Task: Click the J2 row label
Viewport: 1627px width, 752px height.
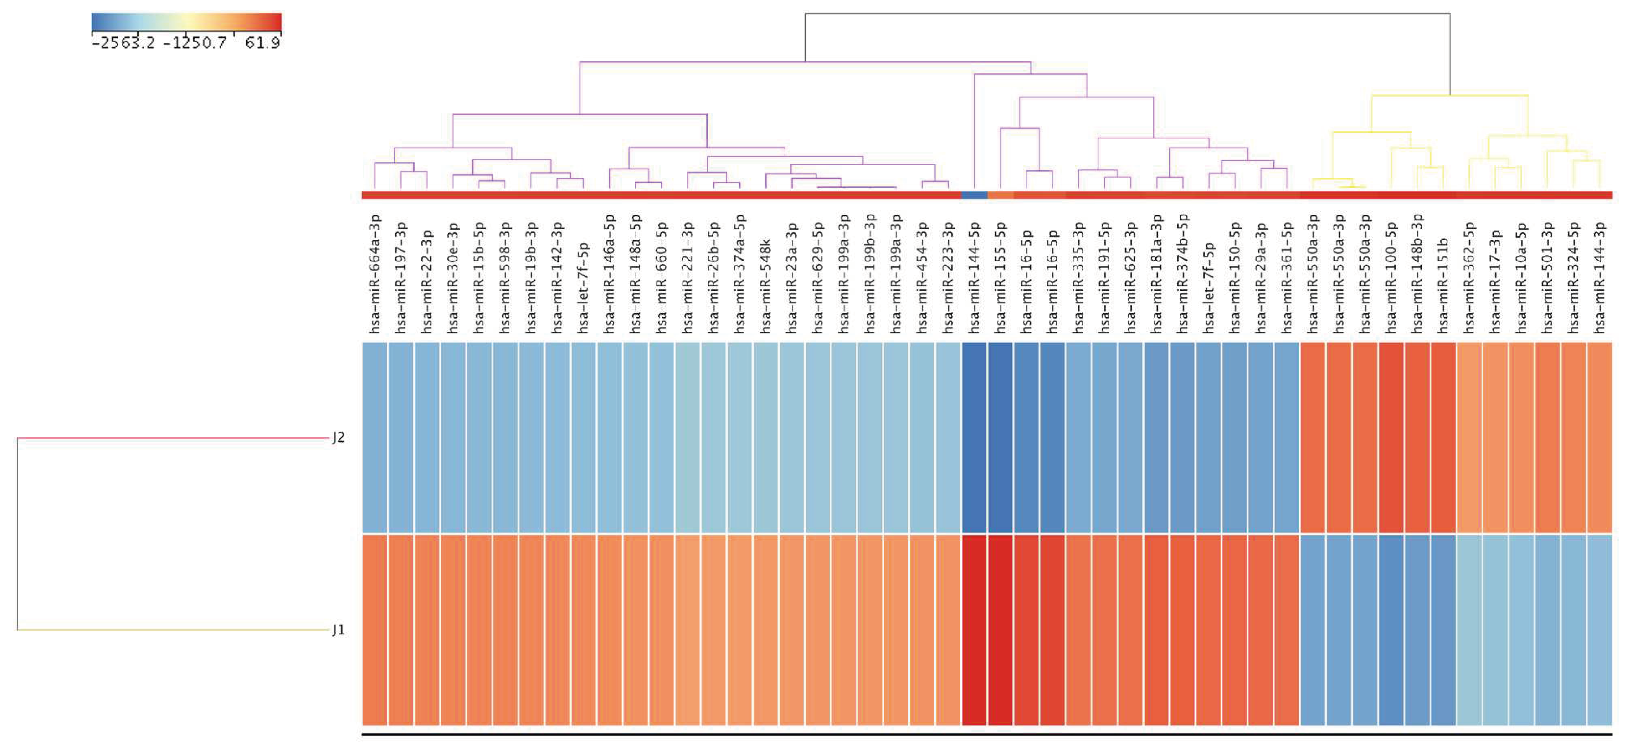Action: tap(339, 438)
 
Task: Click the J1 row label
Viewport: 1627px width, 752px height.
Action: tap(339, 630)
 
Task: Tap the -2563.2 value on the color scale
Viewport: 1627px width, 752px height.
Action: tap(123, 43)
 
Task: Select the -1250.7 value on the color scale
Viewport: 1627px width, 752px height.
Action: tap(195, 43)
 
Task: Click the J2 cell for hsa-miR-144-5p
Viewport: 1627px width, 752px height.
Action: tap(974, 438)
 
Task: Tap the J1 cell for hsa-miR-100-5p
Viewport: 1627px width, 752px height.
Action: tap(1391, 630)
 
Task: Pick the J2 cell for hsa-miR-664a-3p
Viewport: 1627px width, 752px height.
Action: tap(375, 438)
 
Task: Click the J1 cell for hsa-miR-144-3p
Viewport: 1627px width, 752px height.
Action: tap(1599, 630)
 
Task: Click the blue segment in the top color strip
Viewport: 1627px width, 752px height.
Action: tap(974, 195)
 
